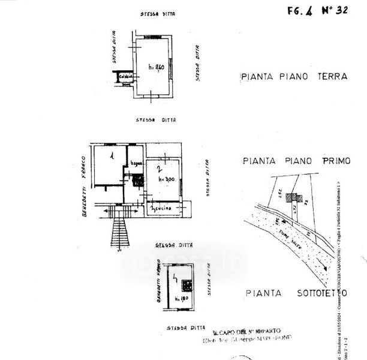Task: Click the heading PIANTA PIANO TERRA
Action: pos(294,77)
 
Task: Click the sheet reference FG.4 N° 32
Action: pos(317,10)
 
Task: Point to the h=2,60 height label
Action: pos(155,67)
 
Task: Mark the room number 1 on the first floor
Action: pos(112,156)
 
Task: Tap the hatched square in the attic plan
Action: pos(186,286)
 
